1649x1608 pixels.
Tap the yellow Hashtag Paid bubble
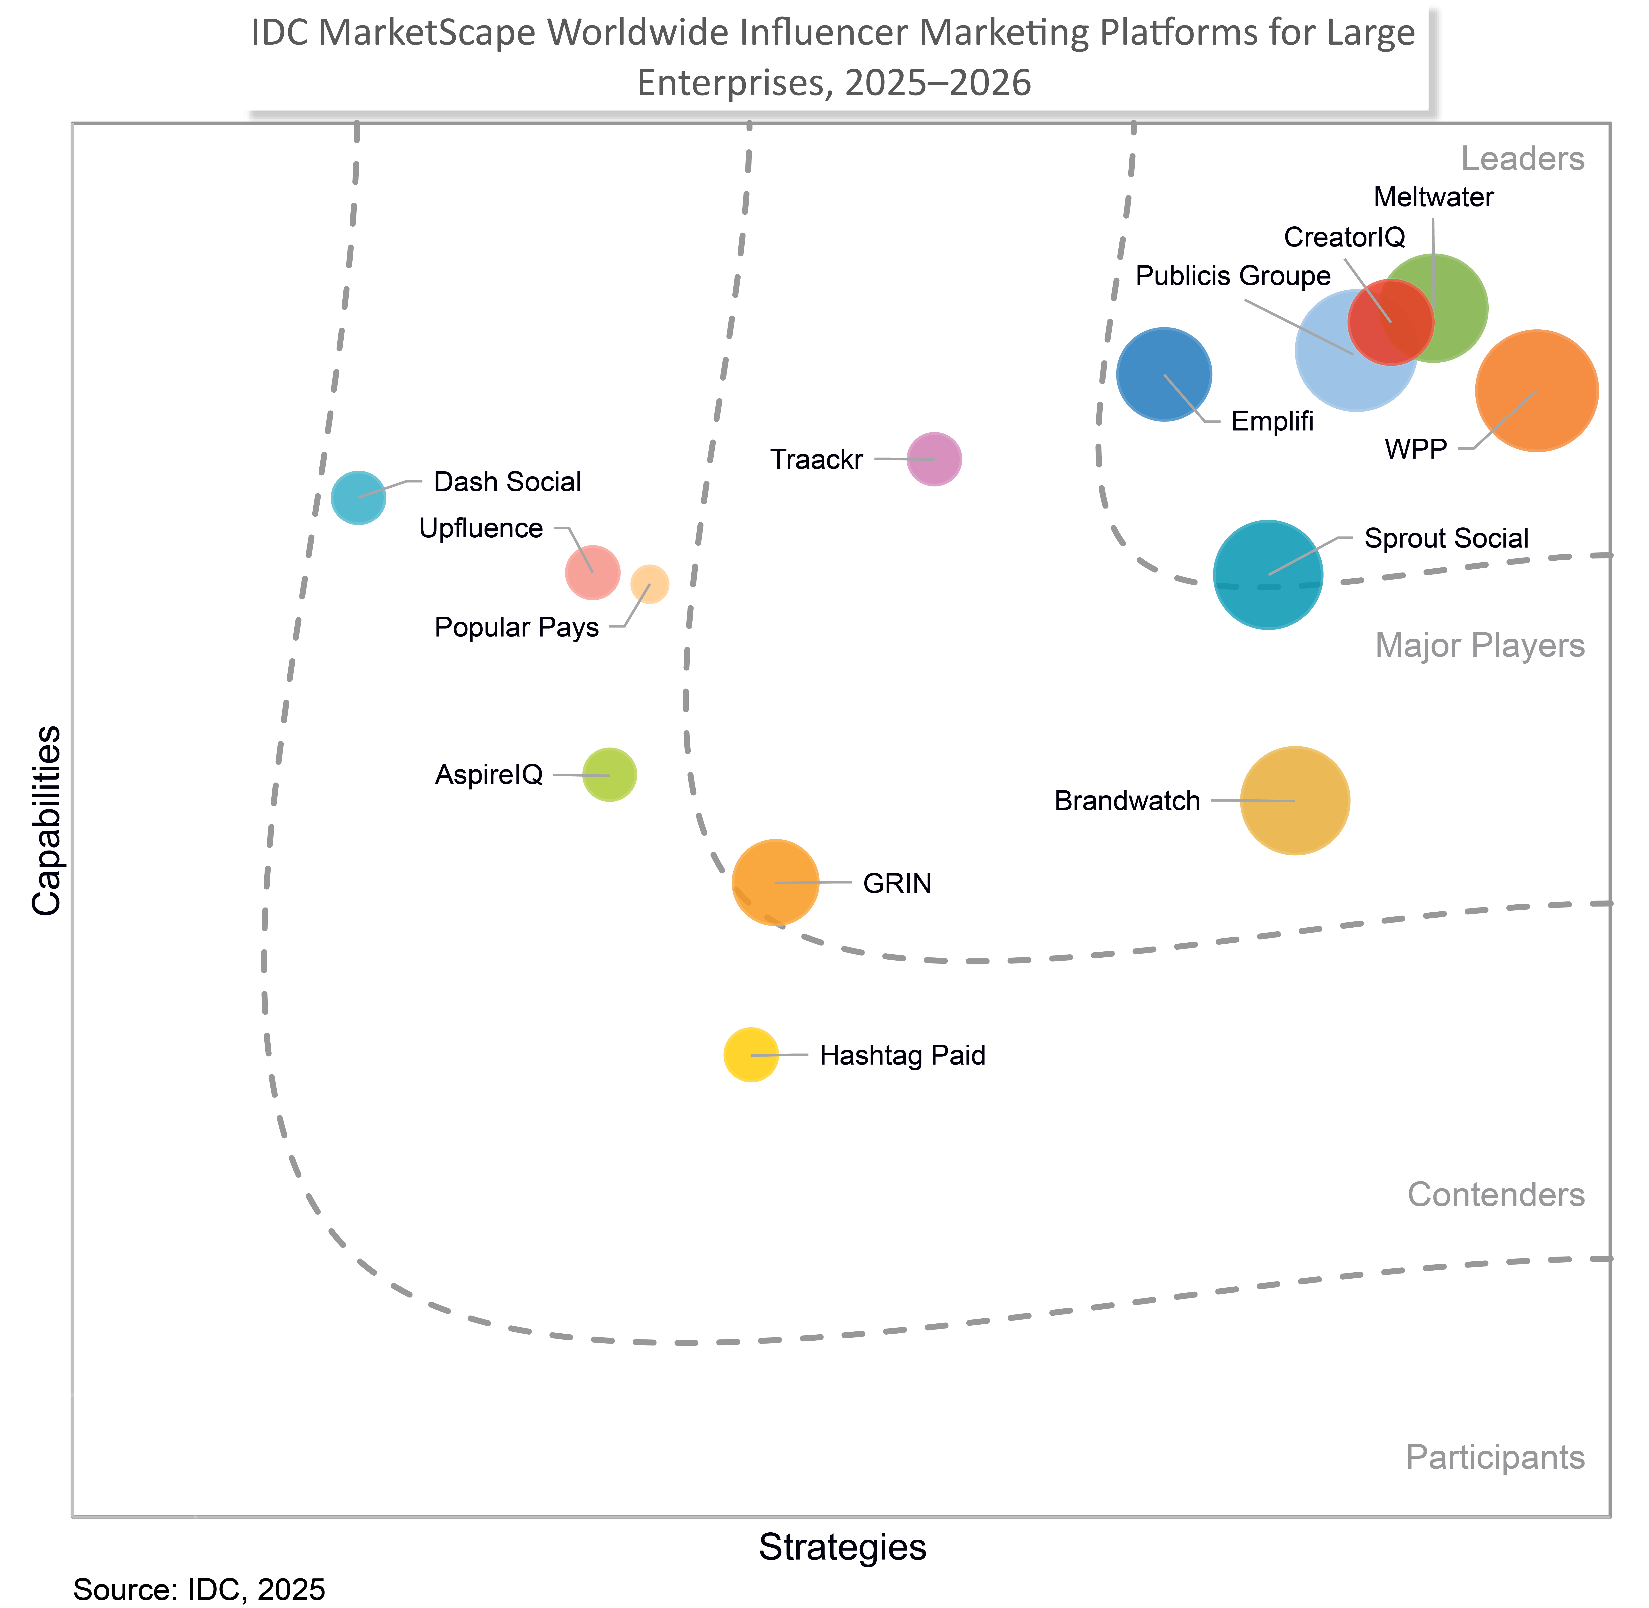point(750,1055)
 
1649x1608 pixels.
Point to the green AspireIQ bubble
point(609,774)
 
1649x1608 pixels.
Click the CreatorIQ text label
point(1344,237)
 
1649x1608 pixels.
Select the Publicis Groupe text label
point(1233,276)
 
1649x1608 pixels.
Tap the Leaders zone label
point(1522,159)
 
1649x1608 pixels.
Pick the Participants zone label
point(1494,1457)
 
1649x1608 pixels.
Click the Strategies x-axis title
point(842,1546)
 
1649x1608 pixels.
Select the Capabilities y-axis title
point(47,819)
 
